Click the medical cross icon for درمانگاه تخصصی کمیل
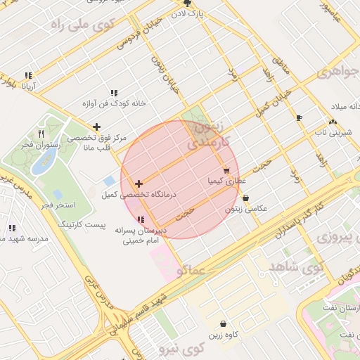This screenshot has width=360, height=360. click(139, 184)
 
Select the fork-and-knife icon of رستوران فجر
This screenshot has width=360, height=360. click(41, 134)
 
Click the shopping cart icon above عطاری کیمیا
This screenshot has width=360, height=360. click(226, 170)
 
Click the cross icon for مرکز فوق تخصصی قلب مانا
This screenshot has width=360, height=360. click(96, 127)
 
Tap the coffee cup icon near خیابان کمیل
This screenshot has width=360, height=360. click(300, 117)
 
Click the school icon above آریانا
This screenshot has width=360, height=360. click(28, 75)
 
